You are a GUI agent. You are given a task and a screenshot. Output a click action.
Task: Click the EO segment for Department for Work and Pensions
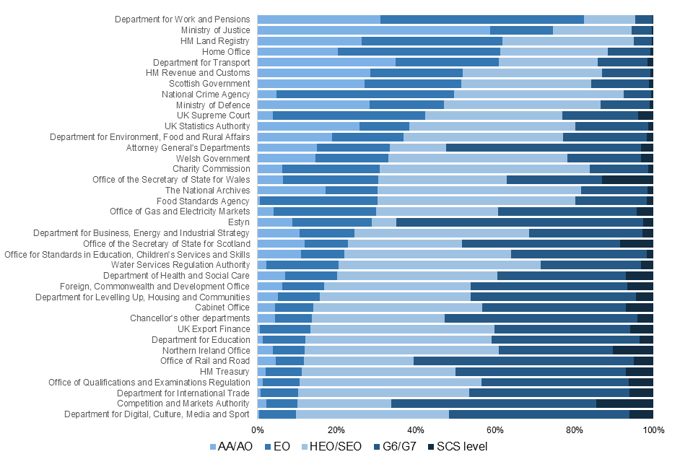(x=481, y=19)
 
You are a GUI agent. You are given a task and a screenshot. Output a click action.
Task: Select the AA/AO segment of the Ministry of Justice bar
(x=373, y=30)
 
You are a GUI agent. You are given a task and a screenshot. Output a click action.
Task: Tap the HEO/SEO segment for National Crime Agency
(x=539, y=95)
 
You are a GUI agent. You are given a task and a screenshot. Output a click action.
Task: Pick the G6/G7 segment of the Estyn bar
(x=520, y=222)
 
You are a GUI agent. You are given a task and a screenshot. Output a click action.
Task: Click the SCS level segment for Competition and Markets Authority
(x=624, y=404)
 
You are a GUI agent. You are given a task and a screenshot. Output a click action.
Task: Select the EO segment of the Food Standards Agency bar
(x=318, y=201)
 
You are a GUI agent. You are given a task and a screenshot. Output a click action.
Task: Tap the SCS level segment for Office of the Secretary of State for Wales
(x=627, y=180)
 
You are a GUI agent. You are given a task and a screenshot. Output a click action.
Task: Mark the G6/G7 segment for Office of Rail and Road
(x=523, y=361)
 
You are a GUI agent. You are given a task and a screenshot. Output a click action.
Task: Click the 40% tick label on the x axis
(x=415, y=431)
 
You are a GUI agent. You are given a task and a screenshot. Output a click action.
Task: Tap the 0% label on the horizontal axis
(x=257, y=431)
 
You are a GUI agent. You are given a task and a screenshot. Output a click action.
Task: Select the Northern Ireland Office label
(x=206, y=350)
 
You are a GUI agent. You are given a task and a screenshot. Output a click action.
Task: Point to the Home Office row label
(x=226, y=52)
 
